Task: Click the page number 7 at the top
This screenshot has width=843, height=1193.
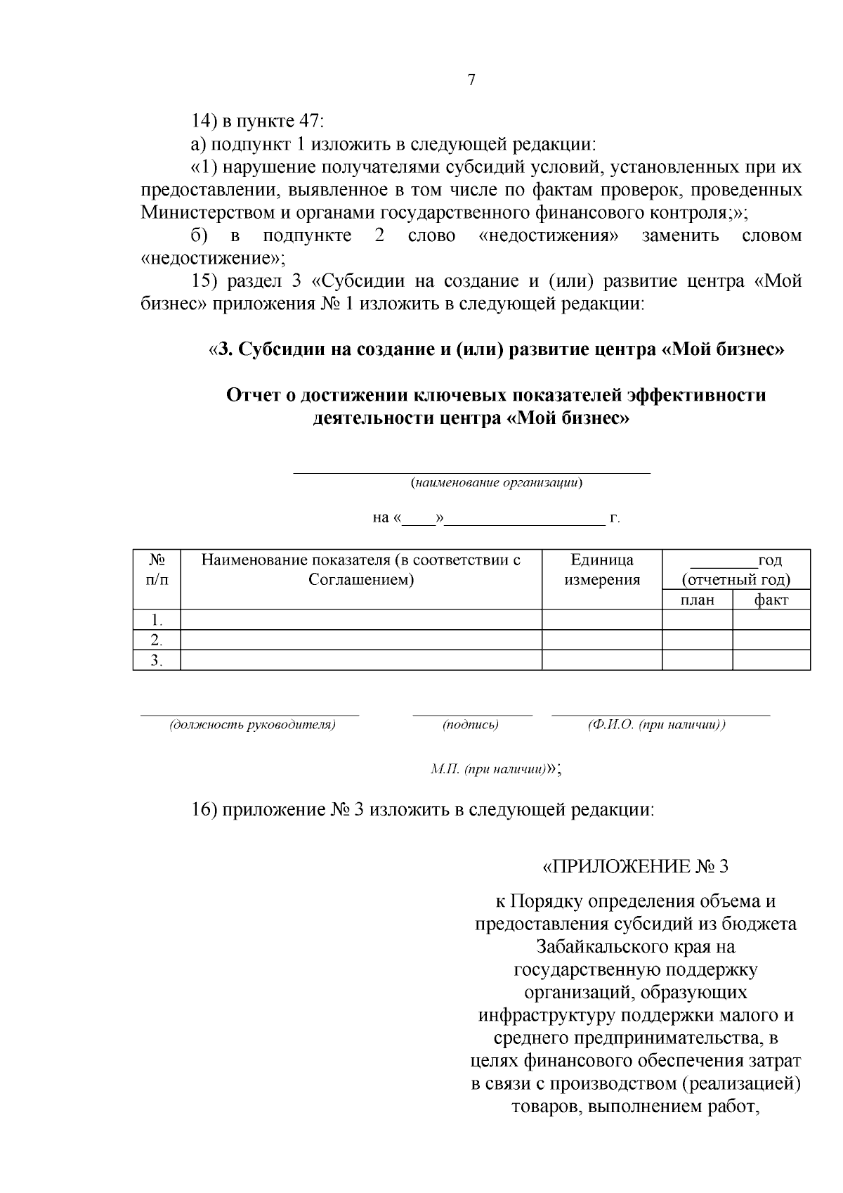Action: (x=471, y=80)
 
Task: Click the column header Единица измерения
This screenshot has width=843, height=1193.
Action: (x=602, y=569)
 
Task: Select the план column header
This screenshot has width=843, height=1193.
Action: (x=697, y=600)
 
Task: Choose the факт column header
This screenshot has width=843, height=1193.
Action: (x=771, y=600)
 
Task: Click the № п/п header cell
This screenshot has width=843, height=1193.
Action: (x=157, y=569)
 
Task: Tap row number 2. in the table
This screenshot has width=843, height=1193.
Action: (x=157, y=640)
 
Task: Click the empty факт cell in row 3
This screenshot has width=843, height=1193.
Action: (x=771, y=660)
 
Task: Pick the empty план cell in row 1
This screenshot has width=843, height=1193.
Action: (x=697, y=619)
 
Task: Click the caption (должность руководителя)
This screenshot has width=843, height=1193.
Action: (x=252, y=725)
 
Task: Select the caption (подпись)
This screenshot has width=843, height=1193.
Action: (x=471, y=725)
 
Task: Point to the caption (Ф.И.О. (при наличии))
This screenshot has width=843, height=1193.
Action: (x=656, y=725)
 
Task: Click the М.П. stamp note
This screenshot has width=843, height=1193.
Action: (x=490, y=769)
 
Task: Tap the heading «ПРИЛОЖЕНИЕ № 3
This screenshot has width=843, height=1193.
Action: (x=636, y=866)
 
